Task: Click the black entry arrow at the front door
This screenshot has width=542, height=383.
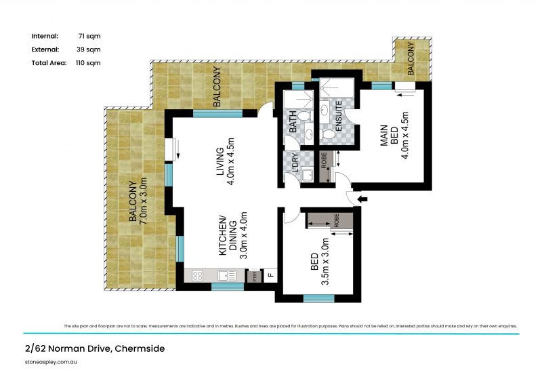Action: (x=362, y=199)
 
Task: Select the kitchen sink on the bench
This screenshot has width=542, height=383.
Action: (x=226, y=276)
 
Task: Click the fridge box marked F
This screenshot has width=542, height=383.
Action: (x=270, y=276)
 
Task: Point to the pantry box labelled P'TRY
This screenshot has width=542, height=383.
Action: (x=255, y=276)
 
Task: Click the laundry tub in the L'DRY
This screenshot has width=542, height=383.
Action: (x=306, y=176)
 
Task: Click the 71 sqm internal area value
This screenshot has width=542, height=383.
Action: (x=85, y=36)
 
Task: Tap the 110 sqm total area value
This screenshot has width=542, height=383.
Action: (x=87, y=63)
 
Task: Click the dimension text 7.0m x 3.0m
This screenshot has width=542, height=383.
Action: (x=143, y=201)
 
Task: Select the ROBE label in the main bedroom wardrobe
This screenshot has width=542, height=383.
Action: (x=324, y=160)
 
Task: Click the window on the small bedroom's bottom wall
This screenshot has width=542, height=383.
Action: (x=318, y=298)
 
